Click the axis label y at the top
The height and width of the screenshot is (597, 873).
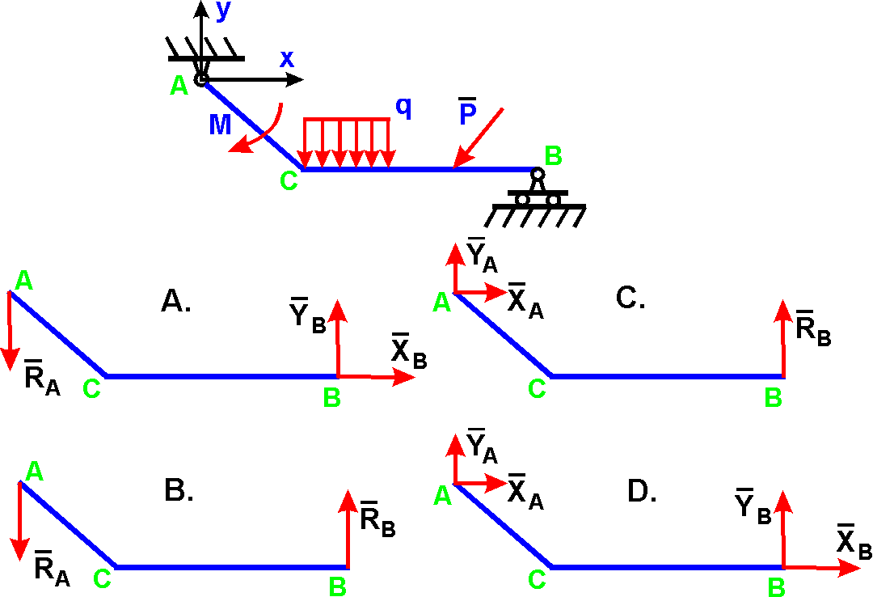[222, 11]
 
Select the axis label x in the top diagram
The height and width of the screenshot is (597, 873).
[287, 58]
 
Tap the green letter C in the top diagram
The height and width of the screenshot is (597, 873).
[289, 181]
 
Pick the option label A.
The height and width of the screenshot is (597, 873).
[177, 302]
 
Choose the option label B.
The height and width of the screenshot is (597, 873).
[179, 490]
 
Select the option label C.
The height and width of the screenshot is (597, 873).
[630, 298]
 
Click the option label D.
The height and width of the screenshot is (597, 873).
[642, 491]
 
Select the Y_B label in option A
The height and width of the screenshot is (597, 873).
[307, 315]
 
